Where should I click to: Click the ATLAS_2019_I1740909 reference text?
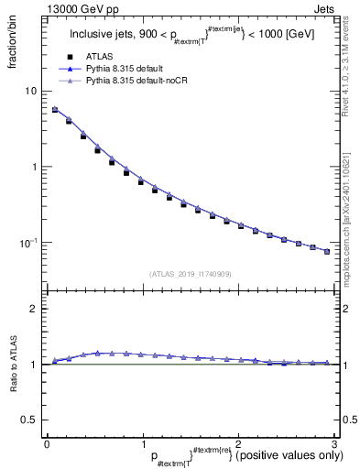(190, 274)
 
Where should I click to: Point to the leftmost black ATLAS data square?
(55, 110)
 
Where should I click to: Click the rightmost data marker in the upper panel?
(327, 251)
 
